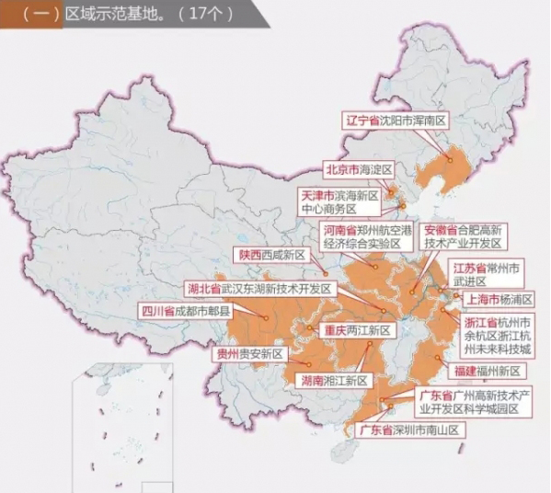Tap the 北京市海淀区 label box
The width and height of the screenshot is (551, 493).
(358, 169)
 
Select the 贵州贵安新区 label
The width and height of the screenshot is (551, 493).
(249, 353)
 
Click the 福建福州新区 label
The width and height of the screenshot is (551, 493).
(487, 371)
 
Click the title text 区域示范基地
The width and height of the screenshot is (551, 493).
(101, 15)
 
